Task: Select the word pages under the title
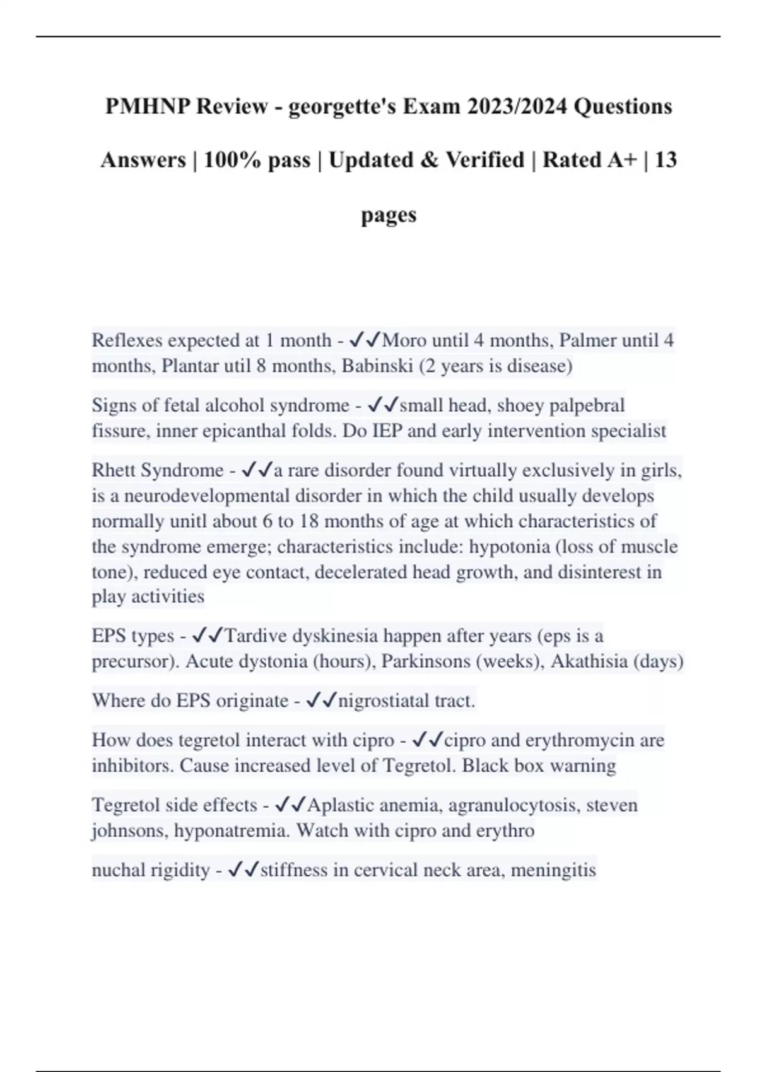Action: pos(389,214)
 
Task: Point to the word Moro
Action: pos(404,341)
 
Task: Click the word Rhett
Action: pos(114,470)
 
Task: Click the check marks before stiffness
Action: pos(243,870)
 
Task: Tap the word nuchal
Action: pos(119,870)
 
